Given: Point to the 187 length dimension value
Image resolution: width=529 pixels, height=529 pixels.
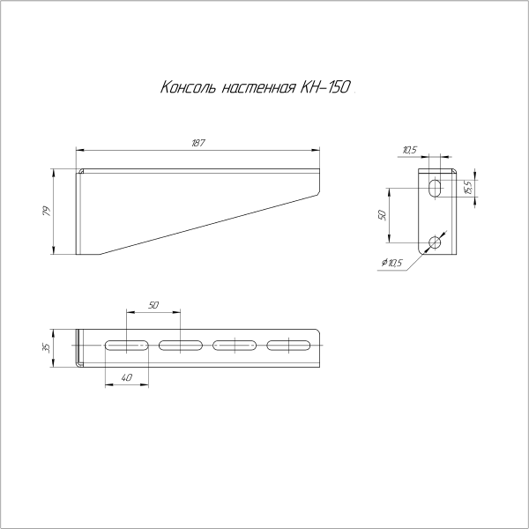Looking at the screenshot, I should tap(197, 143).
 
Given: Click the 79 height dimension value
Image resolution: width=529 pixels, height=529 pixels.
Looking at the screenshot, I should tap(46, 212).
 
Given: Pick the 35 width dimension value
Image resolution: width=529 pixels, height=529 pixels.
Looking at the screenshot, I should tap(46, 347).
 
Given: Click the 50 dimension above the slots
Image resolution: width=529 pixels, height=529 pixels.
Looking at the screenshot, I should tap(153, 304).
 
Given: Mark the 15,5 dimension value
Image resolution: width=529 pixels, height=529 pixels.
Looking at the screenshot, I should tap(468, 187).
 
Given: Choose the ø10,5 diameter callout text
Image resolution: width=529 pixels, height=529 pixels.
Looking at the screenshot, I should tap(390, 263).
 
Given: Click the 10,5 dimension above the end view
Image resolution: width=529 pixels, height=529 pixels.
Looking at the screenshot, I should tap(409, 150).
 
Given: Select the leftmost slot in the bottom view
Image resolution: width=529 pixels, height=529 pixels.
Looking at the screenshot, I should tap(126, 346).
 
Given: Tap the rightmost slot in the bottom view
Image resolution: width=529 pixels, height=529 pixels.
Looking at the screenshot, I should tap(289, 346).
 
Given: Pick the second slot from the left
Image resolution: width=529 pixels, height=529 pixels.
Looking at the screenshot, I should tap(181, 346).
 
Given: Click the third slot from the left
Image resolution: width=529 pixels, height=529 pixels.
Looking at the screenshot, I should tap(235, 346).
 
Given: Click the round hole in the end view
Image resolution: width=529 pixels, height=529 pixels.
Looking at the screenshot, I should tap(434, 242).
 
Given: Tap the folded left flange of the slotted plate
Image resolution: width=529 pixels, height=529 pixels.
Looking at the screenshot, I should tap(79, 347).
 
